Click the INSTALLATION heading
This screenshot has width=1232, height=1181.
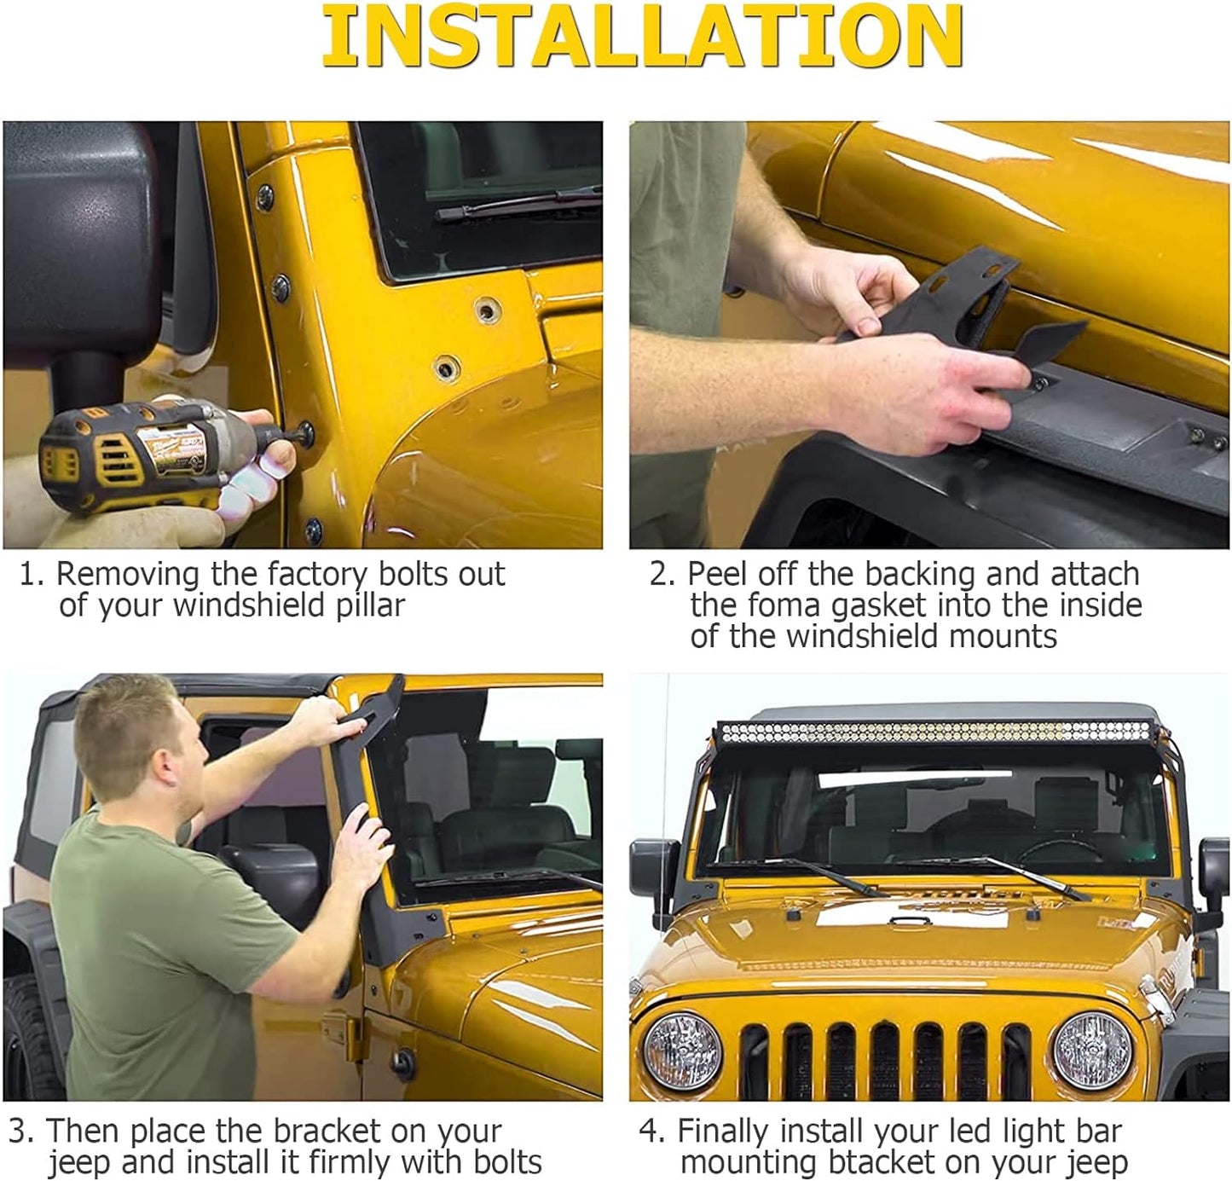point(642,36)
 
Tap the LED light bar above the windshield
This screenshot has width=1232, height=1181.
point(935,732)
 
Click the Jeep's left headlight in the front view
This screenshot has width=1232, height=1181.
point(682,1050)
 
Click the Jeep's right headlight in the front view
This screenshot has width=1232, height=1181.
point(1092,1050)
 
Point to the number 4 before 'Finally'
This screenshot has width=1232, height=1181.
point(649,1131)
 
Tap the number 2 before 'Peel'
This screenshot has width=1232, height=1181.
point(659,575)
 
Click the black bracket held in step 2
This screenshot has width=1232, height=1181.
point(950,310)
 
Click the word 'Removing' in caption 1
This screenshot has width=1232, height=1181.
point(129,575)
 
